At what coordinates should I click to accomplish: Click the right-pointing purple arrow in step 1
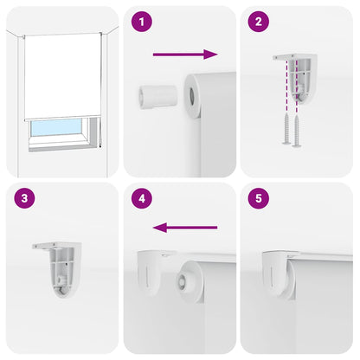[x=184, y=55]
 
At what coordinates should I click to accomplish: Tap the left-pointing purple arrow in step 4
[x=183, y=228]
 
